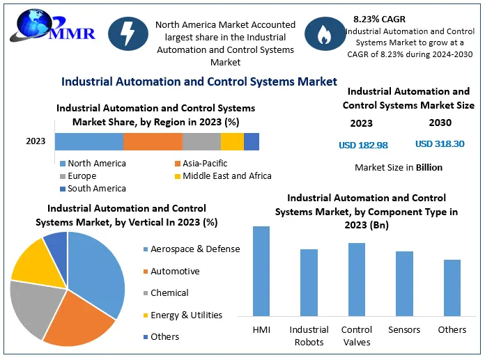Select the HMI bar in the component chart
point(261,271)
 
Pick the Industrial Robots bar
point(309,282)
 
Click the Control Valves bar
point(356,279)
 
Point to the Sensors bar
point(404,283)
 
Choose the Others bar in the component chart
point(452,288)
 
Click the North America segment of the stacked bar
point(89,141)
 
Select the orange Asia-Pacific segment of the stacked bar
point(153,141)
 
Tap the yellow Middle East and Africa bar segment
point(232,141)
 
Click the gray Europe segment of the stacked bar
point(201,141)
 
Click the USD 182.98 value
point(363,145)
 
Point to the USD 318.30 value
point(440,144)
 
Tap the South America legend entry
point(96,189)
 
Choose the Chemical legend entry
point(169,293)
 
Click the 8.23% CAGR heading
point(379,19)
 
